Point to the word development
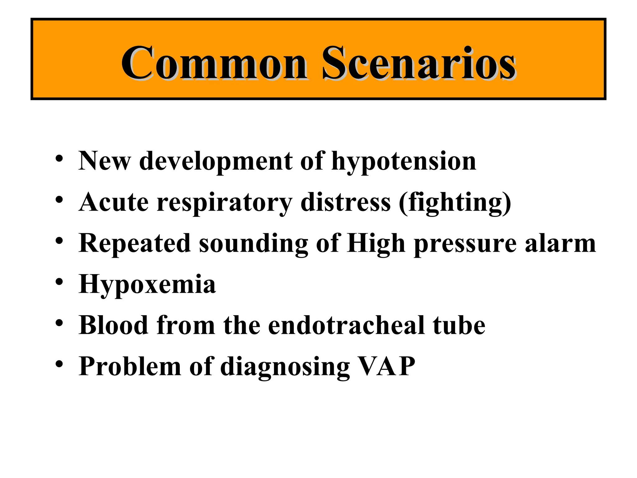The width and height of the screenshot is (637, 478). [x=216, y=162]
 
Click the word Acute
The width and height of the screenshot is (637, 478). [x=114, y=202]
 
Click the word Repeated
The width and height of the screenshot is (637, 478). [x=134, y=243]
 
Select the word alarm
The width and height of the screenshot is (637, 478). [x=560, y=243]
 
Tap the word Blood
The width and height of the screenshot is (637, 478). [x=114, y=326]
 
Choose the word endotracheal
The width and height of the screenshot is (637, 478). [x=346, y=326]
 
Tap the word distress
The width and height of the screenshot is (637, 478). [x=346, y=202]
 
